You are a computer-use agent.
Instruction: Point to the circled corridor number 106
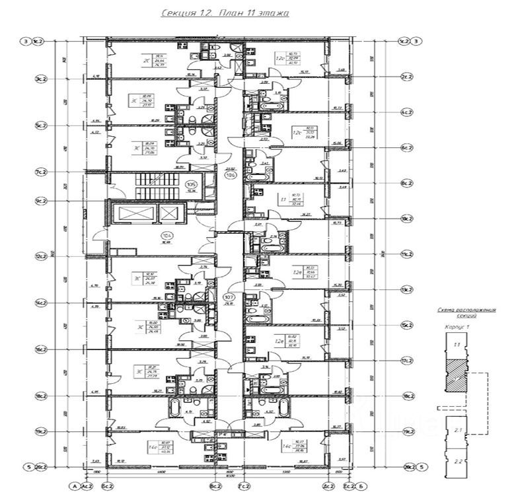(231, 175)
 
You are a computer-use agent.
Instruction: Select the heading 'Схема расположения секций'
(466, 312)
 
